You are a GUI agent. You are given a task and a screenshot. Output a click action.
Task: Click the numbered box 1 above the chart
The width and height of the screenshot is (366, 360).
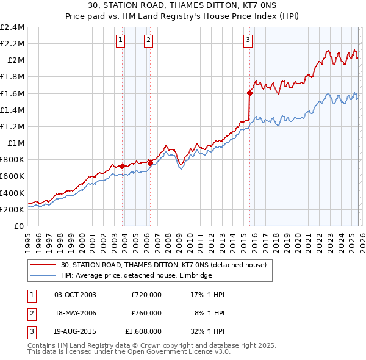click(x=120, y=41)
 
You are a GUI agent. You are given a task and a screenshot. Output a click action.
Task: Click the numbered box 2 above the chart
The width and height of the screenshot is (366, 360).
click(x=148, y=41)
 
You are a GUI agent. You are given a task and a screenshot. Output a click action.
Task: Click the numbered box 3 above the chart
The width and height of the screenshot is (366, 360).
click(x=248, y=41)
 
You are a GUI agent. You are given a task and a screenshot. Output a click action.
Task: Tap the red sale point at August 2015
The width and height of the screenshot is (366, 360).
click(x=249, y=93)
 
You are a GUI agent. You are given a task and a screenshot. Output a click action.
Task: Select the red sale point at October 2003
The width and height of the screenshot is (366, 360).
click(x=123, y=166)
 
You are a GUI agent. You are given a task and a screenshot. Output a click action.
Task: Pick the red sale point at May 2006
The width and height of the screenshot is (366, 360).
click(x=151, y=163)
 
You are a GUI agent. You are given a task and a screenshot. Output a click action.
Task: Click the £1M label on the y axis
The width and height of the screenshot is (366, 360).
click(x=16, y=143)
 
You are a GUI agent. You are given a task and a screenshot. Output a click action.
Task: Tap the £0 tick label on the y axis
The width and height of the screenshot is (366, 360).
click(x=20, y=226)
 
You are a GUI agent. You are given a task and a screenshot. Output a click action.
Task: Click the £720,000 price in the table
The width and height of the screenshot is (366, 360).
click(x=146, y=295)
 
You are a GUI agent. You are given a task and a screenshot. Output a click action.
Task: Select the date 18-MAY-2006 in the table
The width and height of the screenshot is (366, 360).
click(x=76, y=312)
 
